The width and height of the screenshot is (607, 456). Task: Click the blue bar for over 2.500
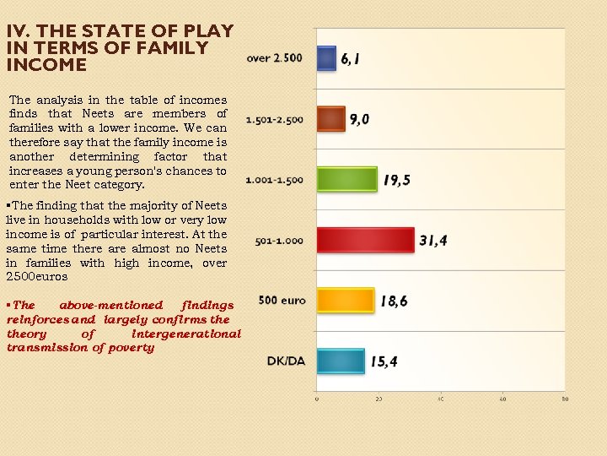point(326,57)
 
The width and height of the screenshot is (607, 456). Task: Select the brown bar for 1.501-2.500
point(331,119)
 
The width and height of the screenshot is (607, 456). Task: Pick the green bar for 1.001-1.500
point(346,179)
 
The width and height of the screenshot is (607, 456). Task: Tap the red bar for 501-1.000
point(366,241)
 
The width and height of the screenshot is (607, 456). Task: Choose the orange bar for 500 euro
point(345,301)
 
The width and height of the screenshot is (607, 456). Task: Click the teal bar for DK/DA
point(341,361)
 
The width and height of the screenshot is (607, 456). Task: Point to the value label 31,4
point(433,241)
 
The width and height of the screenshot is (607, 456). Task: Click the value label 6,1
point(351,59)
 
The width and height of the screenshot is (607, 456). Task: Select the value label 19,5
point(396,180)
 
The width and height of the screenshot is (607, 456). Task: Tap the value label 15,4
point(384,362)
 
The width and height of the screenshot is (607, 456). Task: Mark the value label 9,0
point(359,120)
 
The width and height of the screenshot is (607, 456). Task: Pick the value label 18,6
point(394,301)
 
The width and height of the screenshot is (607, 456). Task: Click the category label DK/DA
point(286,361)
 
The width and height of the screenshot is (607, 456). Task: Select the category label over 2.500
point(274,58)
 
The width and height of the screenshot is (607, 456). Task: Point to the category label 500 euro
point(282,301)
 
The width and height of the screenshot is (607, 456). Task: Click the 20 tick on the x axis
point(379,399)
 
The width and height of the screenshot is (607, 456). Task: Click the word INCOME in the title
point(46,65)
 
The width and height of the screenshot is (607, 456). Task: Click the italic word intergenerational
point(186,334)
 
